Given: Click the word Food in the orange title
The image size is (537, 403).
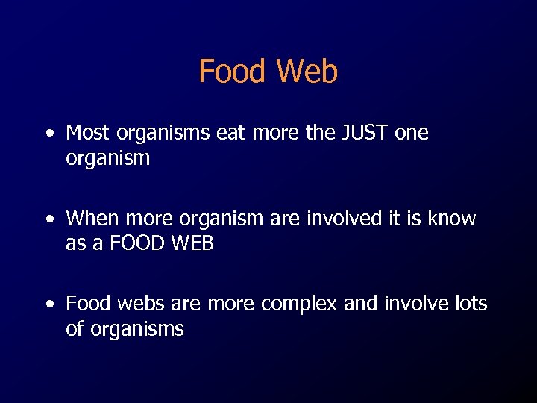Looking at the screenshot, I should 232,72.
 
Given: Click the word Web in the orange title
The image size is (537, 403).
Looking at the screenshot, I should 307,72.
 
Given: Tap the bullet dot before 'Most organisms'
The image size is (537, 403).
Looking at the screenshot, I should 49,134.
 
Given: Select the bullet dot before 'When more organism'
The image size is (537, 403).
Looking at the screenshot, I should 49,220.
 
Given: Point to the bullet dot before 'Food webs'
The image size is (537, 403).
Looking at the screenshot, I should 49,305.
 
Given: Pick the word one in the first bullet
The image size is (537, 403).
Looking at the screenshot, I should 412,133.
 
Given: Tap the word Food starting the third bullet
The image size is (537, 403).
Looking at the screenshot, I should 87,304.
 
